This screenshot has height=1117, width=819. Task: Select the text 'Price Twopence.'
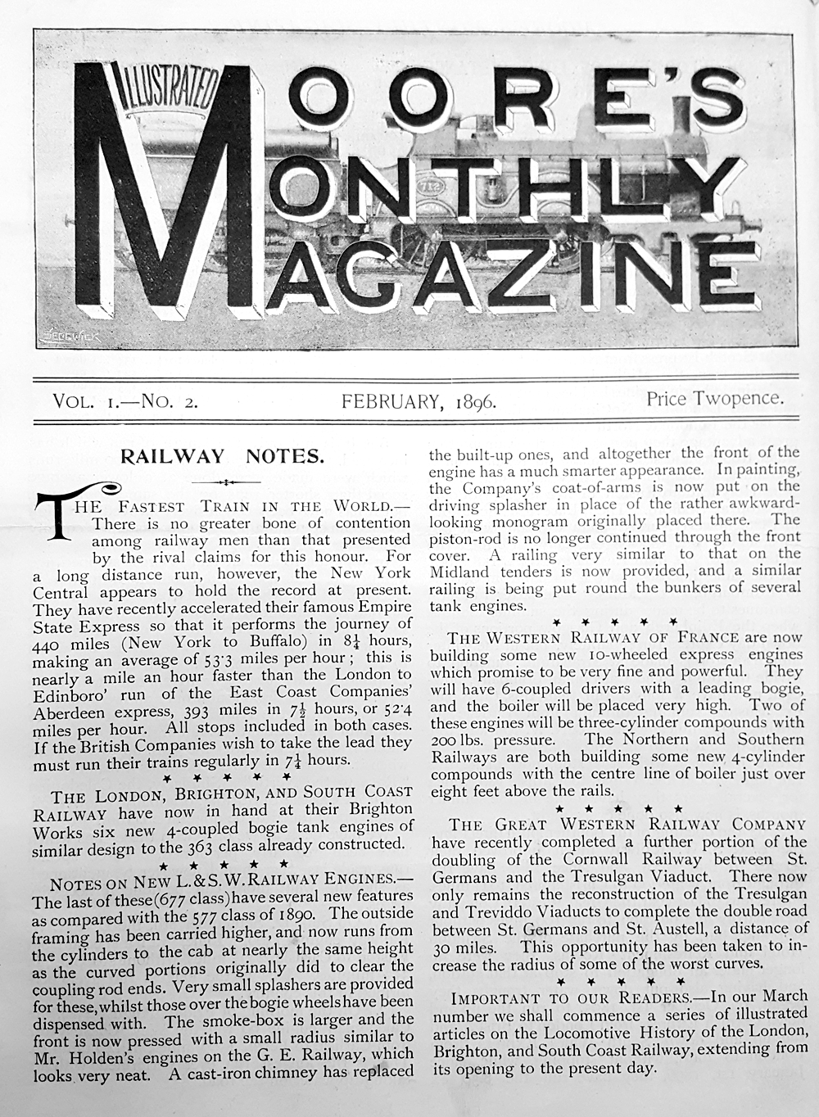715,399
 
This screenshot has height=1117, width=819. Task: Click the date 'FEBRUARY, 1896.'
419,401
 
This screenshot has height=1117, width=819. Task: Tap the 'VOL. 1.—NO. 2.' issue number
124,401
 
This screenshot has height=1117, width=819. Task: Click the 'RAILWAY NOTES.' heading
222,456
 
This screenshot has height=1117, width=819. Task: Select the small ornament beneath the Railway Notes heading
222,482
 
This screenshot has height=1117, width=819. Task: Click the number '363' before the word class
221,844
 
